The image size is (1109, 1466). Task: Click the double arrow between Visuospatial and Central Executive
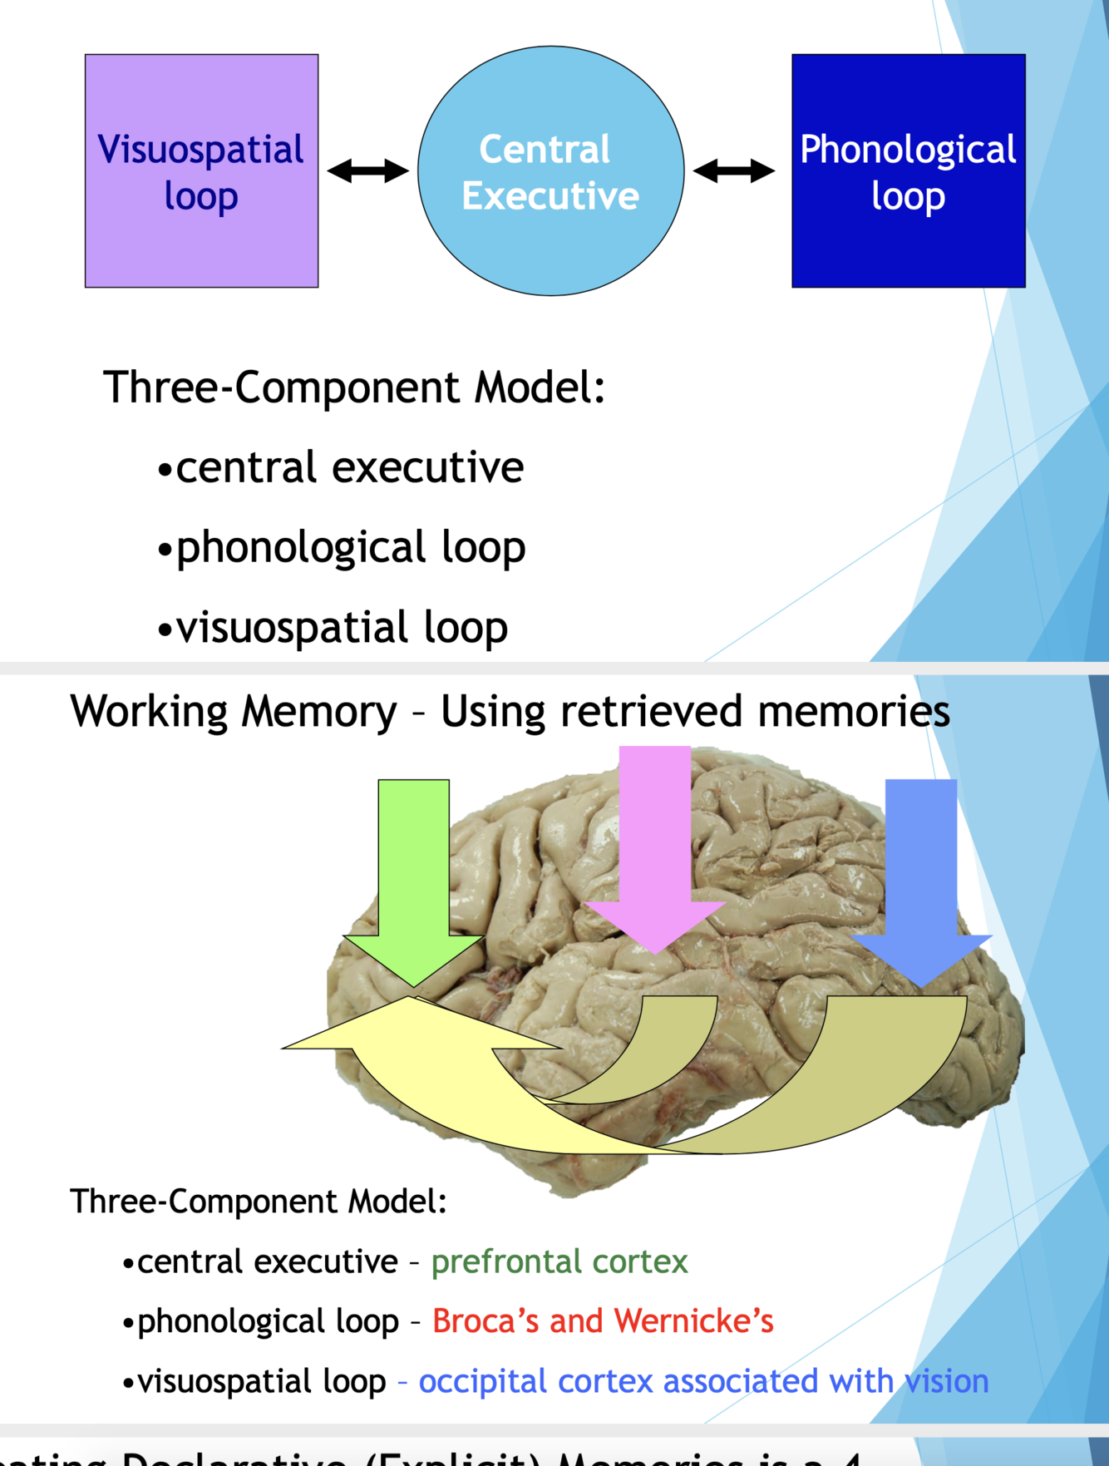coord(367,171)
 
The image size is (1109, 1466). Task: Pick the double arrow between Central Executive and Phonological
coord(733,171)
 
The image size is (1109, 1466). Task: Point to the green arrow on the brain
coord(413,881)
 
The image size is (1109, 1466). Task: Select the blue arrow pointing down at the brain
coord(921,881)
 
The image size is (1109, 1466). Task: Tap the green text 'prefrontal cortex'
coord(559,1262)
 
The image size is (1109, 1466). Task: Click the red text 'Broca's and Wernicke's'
coord(603,1321)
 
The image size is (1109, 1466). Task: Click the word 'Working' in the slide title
coord(149,713)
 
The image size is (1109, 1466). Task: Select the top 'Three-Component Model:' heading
coord(354,387)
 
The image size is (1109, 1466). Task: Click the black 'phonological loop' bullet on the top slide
coord(350,548)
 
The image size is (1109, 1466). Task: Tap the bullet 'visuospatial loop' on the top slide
coord(341,628)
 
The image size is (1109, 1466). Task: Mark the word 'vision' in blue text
coord(947,1381)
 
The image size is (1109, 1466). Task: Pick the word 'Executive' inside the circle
coord(550,196)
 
